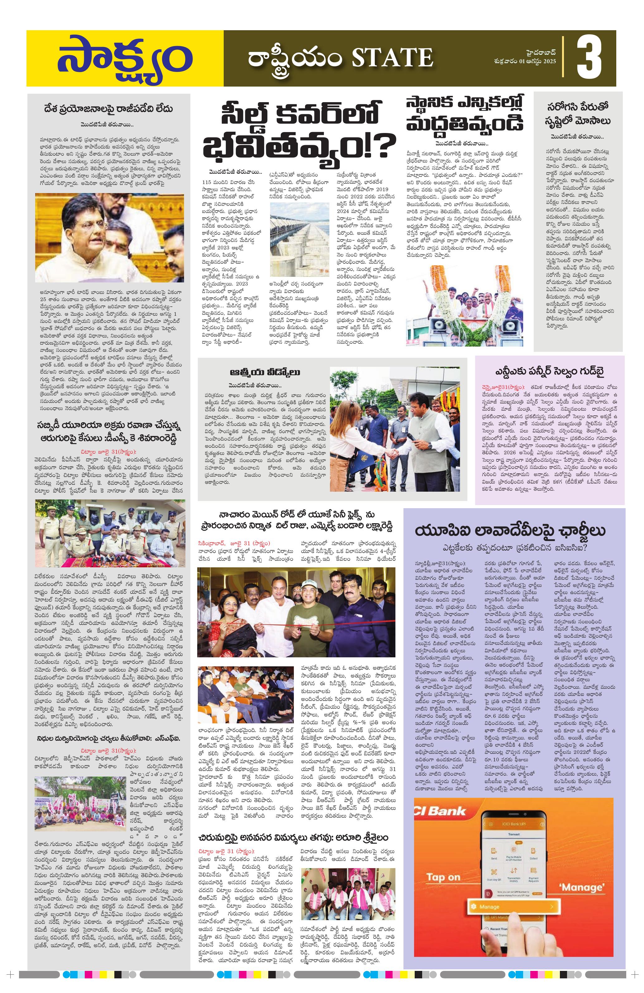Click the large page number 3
pyautogui.click(x=589, y=59)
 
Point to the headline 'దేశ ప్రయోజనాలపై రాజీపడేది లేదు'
pyautogui.click(x=108, y=109)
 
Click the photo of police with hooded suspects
pyautogui.click(x=110, y=533)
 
